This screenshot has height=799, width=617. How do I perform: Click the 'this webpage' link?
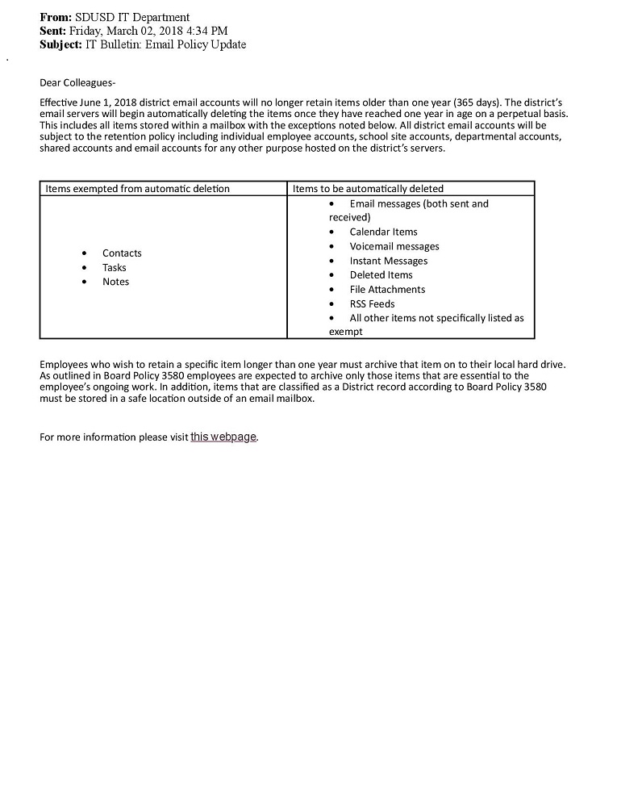click(223, 437)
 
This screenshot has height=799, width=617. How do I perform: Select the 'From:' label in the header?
click(56, 17)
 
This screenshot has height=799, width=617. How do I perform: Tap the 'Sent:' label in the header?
click(53, 31)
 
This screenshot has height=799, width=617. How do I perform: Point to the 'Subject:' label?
click(61, 44)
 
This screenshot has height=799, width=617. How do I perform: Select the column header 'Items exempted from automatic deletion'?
click(137, 189)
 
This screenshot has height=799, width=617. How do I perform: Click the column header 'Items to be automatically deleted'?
click(368, 189)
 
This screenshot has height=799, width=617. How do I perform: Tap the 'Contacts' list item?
click(122, 253)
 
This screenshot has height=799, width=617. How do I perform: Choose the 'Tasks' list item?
click(115, 268)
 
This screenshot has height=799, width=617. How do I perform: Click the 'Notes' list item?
click(115, 282)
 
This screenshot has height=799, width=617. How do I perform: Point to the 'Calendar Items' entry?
click(383, 232)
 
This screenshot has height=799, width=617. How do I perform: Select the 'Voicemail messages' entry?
click(394, 246)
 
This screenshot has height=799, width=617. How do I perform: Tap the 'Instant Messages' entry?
click(389, 261)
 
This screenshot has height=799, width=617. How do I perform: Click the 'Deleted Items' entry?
click(381, 275)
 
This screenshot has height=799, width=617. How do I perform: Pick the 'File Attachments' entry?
click(387, 290)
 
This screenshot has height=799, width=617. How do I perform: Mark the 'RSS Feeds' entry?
click(372, 304)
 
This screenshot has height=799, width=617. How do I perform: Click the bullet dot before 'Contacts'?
click(85, 253)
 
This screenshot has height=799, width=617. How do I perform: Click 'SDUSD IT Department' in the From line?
click(132, 17)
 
